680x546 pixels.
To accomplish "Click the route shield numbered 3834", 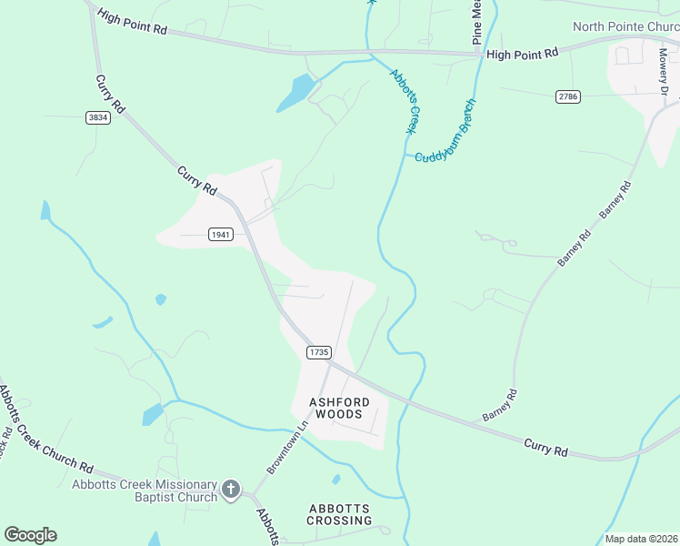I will pyautogui.click(x=98, y=117).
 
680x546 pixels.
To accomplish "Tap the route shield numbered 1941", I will pyautogui.click(x=221, y=234).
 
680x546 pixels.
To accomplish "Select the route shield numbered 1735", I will pyautogui.click(x=318, y=351).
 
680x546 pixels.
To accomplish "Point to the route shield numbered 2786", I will pyautogui.click(x=568, y=96).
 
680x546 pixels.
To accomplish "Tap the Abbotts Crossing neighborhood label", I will pyautogui.click(x=339, y=514).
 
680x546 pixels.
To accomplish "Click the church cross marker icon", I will pyautogui.click(x=231, y=490).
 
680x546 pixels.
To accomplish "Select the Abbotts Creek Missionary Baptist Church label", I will pyautogui.click(x=145, y=490).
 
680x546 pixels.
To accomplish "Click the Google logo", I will pyautogui.click(x=30, y=534).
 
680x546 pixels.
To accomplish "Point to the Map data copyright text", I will pyautogui.click(x=641, y=539).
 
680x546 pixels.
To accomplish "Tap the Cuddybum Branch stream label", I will pyautogui.click(x=449, y=134).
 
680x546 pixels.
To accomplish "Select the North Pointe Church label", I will pyautogui.click(x=625, y=26).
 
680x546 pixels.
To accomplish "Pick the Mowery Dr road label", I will pyautogui.click(x=664, y=71).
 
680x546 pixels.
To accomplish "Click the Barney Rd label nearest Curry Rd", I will pyautogui.click(x=500, y=405).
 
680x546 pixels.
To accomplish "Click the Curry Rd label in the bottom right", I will pyautogui.click(x=545, y=448).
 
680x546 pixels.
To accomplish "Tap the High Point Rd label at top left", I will pyautogui.click(x=133, y=23).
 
